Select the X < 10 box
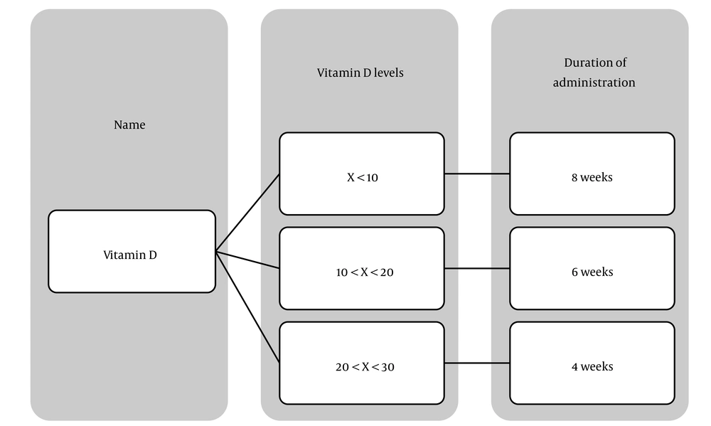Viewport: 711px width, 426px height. (362, 174)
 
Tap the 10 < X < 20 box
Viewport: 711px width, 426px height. (362, 268)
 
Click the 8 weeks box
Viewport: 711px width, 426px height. (592, 174)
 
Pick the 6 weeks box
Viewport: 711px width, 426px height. (592, 268)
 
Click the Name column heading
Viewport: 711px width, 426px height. (129, 124)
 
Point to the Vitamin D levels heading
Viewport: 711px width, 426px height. (360, 73)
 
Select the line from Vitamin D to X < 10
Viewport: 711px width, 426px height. (247, 212)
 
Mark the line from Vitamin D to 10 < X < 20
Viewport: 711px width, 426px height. (247, 260)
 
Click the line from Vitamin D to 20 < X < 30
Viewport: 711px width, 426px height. (247, 307)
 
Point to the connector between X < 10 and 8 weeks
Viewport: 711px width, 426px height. (477, 174)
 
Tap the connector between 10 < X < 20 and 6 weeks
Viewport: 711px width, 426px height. (477, 268)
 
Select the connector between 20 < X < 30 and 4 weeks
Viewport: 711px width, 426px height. (477, 363)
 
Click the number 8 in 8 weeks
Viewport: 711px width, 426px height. (574, 177)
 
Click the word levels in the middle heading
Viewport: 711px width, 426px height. (389, 73)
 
